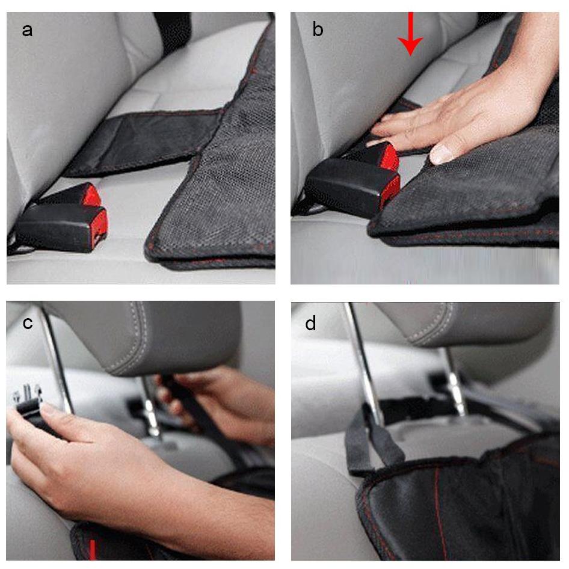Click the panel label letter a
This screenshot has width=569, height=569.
click(27, 31)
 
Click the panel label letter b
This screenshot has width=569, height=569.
click(318, 29)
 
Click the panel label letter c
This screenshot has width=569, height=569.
click(28, 323)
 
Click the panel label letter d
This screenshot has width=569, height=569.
click(310, 323)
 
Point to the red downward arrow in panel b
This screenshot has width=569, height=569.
click(410, 34)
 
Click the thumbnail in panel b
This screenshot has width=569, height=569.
click(441, 154)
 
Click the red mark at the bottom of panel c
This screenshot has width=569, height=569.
click(93, 550)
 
